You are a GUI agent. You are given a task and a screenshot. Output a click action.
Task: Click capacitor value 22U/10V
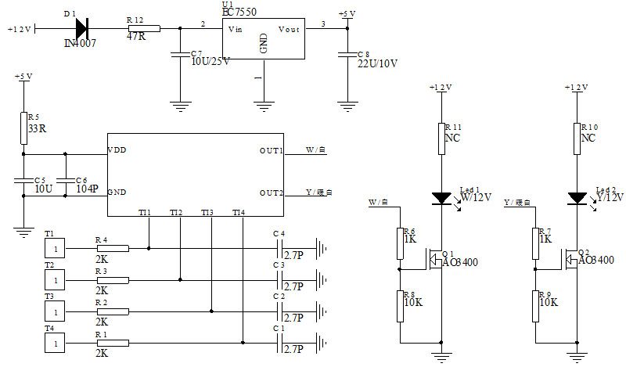pos(378,63)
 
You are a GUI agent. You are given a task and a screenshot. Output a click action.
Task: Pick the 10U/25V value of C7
pos(210,62)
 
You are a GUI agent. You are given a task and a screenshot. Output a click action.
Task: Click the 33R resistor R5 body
pos(23,128)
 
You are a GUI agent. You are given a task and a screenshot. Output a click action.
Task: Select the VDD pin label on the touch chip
pos(117,149)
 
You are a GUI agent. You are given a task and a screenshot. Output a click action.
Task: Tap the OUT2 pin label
pos(272,192)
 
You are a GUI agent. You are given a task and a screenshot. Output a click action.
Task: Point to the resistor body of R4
pos(112,248)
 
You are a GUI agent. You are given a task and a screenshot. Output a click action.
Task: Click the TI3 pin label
pos(207,213)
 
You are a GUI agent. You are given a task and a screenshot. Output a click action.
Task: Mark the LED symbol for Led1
pos(442,198)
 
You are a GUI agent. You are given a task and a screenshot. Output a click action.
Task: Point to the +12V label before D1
pos(18,30)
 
